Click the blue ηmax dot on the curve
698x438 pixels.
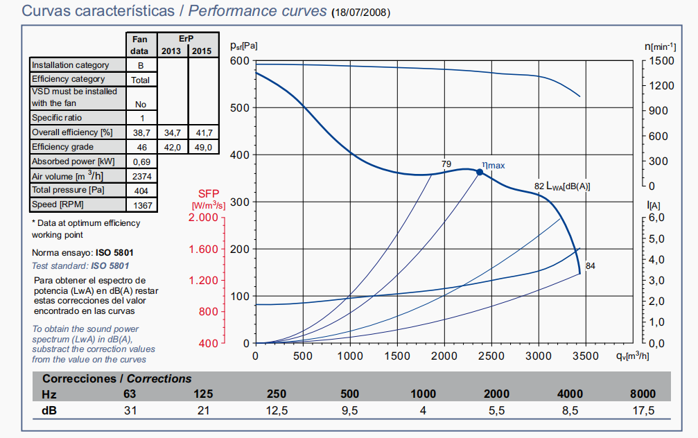pyautogui.click(x=479, y=172)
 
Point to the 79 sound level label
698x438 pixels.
pyautogui.click(x=446, y=164)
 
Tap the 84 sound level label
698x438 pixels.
pyautogui.click(x=591, y=265)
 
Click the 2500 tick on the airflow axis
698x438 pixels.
pyautogui.click(x=491, y=356)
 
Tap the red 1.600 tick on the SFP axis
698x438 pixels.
pyautogui.click(x=204, y=249)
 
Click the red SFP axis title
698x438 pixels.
pyautogui.click(x=209, y=193)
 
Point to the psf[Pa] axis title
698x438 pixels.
pyautogui.click(x=243, y=46)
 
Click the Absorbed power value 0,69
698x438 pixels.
pyautogui.click(x=141, y=161)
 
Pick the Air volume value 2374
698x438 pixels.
pyautogui.click(x=141, y=176)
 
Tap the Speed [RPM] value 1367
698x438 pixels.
pyautogui.click(x=141, y=205)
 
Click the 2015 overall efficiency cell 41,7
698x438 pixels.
pyautogui.click(x=203, y=132)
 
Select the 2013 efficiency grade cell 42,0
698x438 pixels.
pyautogui.click(x=172, y=147)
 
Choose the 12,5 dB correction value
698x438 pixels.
pyautogui.click(x=277, y=411)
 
